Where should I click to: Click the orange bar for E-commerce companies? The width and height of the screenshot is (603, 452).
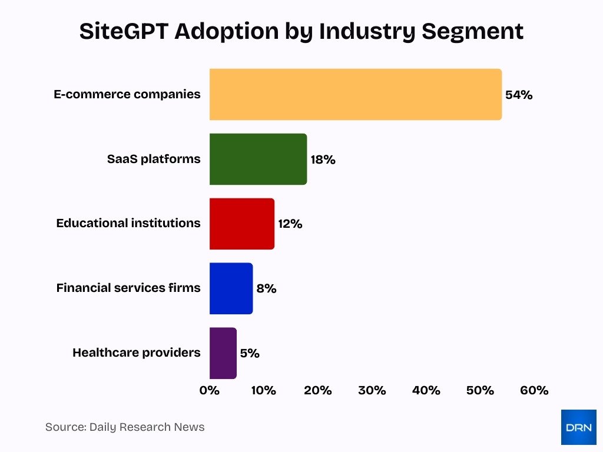pyautogui.click(x=356, y=95)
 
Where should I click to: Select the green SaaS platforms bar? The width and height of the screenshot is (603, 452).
pyautogui.click(x=258, y=159)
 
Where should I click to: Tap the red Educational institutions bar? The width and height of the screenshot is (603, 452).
pyautogui.click(x=242, y=224)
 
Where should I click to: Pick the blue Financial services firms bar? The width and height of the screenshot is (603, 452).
pyautogui.click(x=231, y=288)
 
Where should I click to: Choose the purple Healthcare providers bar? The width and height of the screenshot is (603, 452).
pyautogui.click(x=223, y=353)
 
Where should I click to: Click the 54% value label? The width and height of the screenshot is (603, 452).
pyautogui.click(x=519, y=95)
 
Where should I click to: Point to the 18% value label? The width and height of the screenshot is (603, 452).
pyautogui.click(x=323, y=159)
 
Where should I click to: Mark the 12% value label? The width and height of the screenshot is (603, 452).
pyautogui.click(x=290, y=224)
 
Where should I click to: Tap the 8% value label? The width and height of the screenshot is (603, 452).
pyautogui.click(x=266, y=289)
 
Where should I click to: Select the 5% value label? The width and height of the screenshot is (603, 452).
pyautogui.click(x=249, y=354)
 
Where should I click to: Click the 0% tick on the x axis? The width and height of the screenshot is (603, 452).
pyautogui.click(x=210, y=390)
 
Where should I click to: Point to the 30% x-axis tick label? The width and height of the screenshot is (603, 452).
pyautogui.click(x=372, y=390)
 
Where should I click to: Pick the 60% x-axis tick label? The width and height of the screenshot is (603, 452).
pyautogui.click(x=534, y=390)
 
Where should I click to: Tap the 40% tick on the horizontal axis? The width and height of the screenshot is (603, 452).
pyautogui.click(x=426, y=390)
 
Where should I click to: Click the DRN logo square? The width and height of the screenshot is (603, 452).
pyautogui.click(x=578, y=427)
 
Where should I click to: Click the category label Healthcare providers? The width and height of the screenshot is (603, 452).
pyautogui.click(x=137, y=353)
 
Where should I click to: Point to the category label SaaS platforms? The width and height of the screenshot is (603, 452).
pyautogui.click(x=154, y=159)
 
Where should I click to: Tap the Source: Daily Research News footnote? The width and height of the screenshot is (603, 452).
pyautogui.click(x=125, y=427)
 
